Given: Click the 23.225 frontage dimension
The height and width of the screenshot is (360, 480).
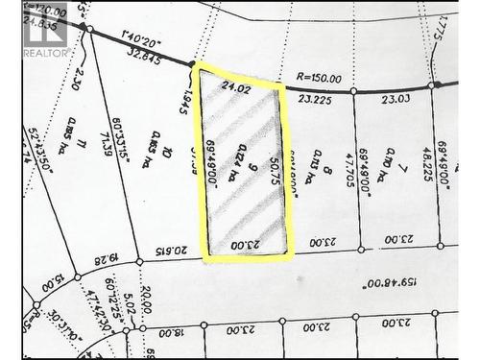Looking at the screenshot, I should [x=316, y=98].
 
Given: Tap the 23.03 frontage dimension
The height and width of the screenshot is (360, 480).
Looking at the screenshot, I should [x=395, y=98].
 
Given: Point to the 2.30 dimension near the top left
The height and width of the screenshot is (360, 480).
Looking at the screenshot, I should [x=79, y=79].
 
